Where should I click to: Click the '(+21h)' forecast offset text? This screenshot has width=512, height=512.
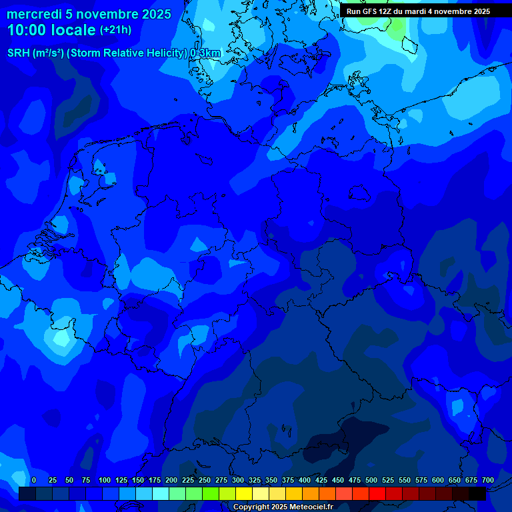pyautogui.click(x=115, y=30)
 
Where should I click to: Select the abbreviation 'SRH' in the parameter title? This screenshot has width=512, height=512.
pyautogui.click(x=19, y=53)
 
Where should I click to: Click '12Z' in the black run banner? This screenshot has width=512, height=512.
pyautogui.click(x=385, y=11)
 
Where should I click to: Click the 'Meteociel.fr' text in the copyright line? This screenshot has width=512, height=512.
pyautogui.click(x=311, y=507)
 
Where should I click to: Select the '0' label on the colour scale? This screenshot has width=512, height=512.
pyautogui.click(x=34, y=480)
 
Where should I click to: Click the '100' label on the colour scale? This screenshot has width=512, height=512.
pyautogui.click(x=105, y=480)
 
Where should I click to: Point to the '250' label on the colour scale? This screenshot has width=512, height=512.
pyautogui.click(x=205, y=480)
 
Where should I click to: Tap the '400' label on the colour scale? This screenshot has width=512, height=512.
pyautogui.click(x=305, y=480)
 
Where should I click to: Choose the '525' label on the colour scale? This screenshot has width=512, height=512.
pyautogui.click(x=388, y=480)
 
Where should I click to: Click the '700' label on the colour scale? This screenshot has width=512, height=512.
pyautogui.click(x=488, y=480)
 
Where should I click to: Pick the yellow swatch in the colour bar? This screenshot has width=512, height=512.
pyautogui.click(x=244, y=493)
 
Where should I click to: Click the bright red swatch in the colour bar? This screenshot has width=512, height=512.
pyautogui.click(x=377, y=493)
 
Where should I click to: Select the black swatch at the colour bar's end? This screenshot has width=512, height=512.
pyautogui.click(x=477, y=493)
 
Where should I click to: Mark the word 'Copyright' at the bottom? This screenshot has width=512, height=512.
pyautogui.click(x=251, y=507)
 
